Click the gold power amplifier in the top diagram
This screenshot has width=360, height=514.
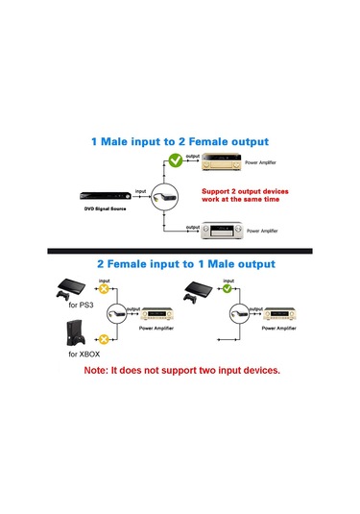219,162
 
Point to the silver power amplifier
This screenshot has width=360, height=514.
222,232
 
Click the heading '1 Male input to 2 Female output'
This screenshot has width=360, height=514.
180,141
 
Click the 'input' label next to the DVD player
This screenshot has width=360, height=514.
141,190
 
